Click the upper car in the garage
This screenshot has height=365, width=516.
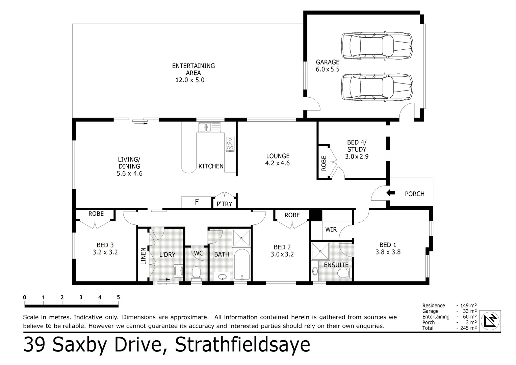coord(377,46)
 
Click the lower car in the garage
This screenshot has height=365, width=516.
coord(377,87)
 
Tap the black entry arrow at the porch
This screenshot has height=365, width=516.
coord(391,193)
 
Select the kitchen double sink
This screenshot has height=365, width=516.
coord(209,127)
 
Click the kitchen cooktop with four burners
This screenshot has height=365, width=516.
coord(230,144)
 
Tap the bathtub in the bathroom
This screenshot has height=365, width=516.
coord(242,265)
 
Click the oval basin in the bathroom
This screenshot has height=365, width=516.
coord(222,277)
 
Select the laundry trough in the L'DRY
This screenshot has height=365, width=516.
coord(178,271)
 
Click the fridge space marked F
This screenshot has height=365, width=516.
coord(197,202)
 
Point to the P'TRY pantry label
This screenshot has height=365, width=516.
coord(224,204)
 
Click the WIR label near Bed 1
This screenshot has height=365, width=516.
coord(331,229)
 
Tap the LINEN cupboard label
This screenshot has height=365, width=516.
coord(143,256)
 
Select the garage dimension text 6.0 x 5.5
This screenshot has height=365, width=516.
coord(327,69)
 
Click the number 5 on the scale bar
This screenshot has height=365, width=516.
coord(118,297)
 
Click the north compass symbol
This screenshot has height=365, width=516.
coord(490,320)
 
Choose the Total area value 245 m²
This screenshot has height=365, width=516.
coord(467,328)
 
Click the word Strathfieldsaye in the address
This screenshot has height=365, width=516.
coord(242,345)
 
